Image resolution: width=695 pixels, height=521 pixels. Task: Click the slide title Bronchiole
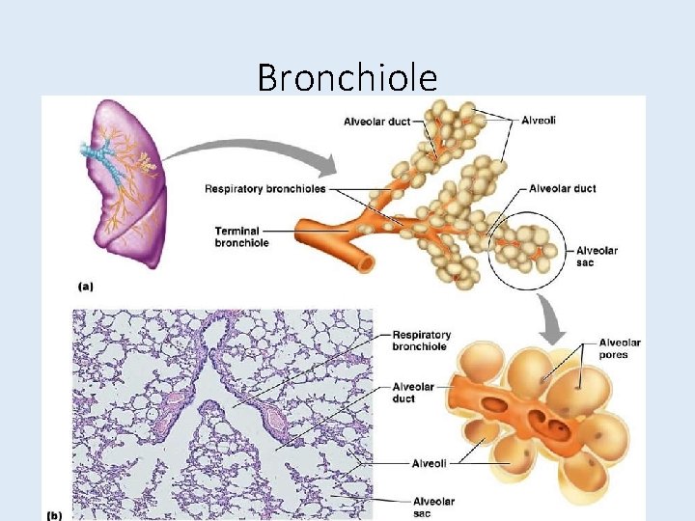tap(347, 76)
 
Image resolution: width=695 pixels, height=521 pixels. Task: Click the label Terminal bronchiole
tap(241, 236)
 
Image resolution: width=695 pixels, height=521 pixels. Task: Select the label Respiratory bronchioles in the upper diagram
tap(264, 188)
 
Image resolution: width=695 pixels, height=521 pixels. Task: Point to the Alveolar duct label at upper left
tap(376, 121)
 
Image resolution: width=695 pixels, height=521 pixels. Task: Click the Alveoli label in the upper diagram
tap(538, 120)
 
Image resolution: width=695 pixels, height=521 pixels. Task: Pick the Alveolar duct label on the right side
tap(563, 188)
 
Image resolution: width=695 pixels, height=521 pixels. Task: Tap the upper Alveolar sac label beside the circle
tap(597, 257)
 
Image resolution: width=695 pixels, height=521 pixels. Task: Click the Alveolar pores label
tap(619, 348)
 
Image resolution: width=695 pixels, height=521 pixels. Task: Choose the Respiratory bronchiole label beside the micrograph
tap(421, 341)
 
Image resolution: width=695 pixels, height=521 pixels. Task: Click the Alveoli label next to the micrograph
tap(430, 463)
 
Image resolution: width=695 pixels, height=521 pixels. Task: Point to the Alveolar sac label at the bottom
tap(433, 507)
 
